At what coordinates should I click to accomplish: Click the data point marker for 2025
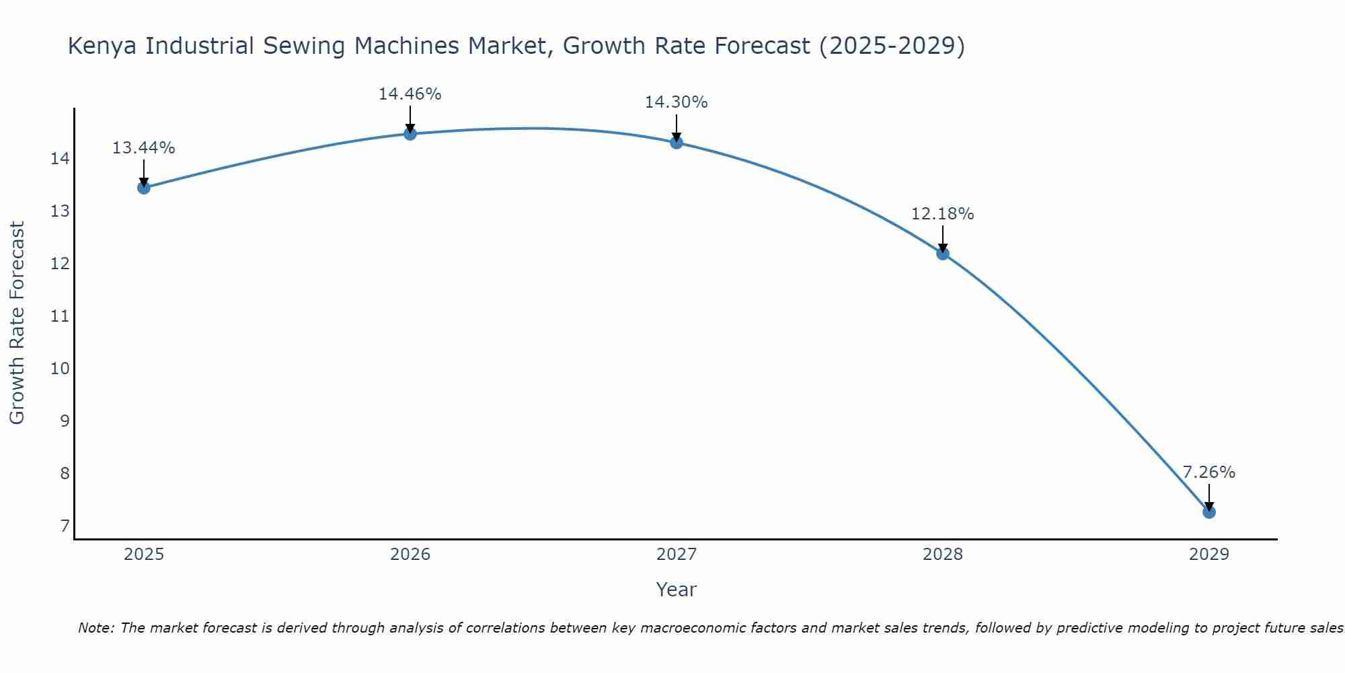pyautogui.click(x=143, y=187)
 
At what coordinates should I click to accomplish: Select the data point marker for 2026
pyautogui.click(x=410, y=133)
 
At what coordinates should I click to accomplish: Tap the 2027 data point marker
pyautogui.click(x=676, y=142)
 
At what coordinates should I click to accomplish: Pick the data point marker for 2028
pyautogui.click(x=942, y=253)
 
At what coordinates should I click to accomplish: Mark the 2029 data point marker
pyautogui.click(x=1208, y=511)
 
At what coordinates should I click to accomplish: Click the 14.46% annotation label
pyautogui.click(x=410, y=94)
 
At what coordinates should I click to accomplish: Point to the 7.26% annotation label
pyautogui.click(x=1208, y=472)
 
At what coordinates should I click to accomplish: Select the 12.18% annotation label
pyautogui.click(x=942, y=214)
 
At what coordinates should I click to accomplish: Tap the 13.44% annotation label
pyautogui.click(x=143, y=148)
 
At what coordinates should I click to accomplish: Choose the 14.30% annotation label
pyautogui.click(x=676, y=102)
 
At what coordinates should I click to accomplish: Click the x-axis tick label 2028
pyautogui.click(x=942, y=555)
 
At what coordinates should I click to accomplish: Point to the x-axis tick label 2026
pyautogui.click(x=410, y=555)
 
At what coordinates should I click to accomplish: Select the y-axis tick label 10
pyautogui.click(x=60, y=368)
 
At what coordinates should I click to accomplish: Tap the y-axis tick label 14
pyautogui.click(x=60, y=159)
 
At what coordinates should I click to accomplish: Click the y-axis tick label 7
pyautogui.click(x=65, y=526)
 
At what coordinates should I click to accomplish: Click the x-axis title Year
pyautogui.click(x=676, y=590)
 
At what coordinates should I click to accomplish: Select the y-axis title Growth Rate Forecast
pyautogui.click(x=17, y=323)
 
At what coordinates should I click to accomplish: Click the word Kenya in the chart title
pyautogui.click(x=103, y=46)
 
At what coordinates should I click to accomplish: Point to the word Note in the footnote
pyautogui.click(x=97, y=628)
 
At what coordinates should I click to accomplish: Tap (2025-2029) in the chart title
pyautogui.click(x=891, y=46)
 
